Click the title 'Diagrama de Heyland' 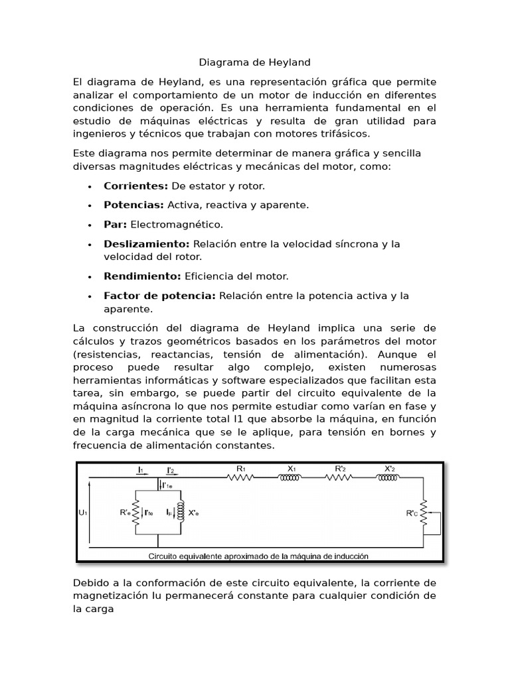255,62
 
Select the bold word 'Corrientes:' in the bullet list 135,186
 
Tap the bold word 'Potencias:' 133,206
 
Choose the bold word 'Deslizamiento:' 146,244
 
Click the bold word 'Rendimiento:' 142,276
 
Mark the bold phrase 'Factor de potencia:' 159,296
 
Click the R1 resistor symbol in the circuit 241,479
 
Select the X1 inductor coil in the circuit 291,479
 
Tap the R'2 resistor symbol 340,479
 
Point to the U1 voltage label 83,513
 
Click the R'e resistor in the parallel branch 135,513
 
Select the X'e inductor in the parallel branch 179,513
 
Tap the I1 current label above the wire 141,470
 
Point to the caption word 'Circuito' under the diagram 167,556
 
